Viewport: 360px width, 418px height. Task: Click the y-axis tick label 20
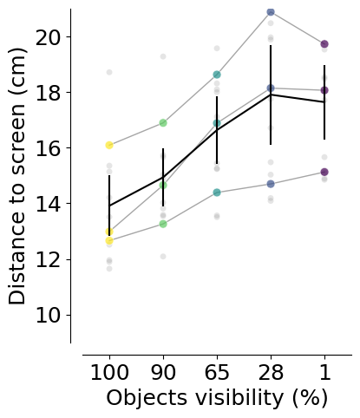coord(49,37)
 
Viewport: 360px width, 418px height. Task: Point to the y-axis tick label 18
coord(49,93)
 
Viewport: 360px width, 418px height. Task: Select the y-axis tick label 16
coord(49,148)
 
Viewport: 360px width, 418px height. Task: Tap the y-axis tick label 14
coord(49,204)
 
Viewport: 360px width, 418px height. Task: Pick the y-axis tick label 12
coord(49,259)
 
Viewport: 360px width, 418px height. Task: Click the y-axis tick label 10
coord(49,315)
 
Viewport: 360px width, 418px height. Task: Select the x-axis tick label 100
coord(109,372)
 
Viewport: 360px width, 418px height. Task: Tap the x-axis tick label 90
coord(163,372)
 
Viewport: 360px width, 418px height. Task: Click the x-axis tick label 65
coord(217,372)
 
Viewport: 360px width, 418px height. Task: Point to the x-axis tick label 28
coord(271,372)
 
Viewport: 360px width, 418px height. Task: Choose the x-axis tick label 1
coord(324,372)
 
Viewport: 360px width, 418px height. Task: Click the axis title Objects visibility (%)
coord(217,398)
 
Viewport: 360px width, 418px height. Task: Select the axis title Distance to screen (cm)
coord(17,176)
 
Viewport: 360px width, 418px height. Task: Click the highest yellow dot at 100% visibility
coord(109,145)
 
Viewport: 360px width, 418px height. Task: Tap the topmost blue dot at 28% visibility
coord(271,12)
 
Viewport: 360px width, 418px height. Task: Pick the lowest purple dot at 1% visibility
coord(324,172)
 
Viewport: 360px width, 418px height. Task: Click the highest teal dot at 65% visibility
coord(217,75)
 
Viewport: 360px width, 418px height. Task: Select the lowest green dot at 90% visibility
coord(163,224)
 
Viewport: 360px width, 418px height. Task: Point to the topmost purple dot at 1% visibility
coord(324,44)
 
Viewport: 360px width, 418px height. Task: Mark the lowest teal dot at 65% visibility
coord(217,193)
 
